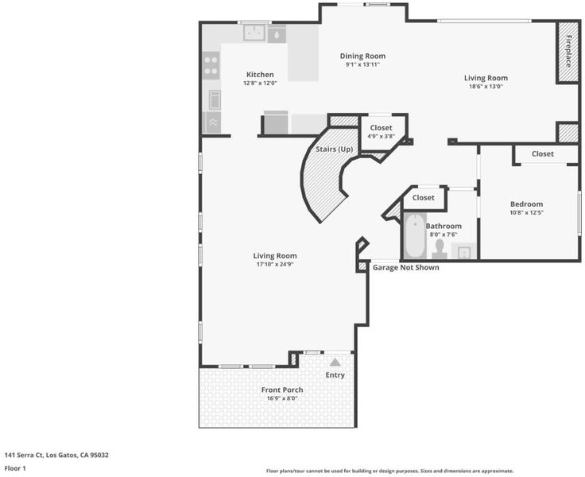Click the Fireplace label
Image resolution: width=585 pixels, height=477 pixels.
point(568,51)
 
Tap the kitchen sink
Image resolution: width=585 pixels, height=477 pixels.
point(254,33)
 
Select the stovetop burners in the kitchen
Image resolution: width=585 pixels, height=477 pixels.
point(211,66)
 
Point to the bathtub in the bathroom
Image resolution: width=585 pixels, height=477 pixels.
point(415,236)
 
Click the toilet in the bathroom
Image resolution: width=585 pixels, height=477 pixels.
point(440,250)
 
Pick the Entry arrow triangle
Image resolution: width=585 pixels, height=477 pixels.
point(335,362)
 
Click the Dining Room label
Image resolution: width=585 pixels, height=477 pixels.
point(362,56)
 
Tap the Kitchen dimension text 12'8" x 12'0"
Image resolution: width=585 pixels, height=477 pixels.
point(260,83)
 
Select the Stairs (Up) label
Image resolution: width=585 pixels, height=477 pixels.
point(334,149)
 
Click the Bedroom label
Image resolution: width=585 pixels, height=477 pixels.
point(526,204)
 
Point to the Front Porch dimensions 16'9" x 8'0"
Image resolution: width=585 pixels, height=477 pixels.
point(282,398)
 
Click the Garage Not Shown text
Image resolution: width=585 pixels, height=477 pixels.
point(406,268)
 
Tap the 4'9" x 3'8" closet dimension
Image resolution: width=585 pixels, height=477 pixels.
point(381,136)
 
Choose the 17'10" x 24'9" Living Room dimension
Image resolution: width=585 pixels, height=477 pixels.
point(275,264)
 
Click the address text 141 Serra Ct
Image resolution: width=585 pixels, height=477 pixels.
point(24,455)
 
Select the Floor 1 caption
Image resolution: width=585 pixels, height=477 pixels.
point(15,468)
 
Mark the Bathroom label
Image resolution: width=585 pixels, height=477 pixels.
point(444,227)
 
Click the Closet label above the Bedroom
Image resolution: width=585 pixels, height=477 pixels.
point(543,153)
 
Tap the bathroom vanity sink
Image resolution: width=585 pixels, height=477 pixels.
point(463,251)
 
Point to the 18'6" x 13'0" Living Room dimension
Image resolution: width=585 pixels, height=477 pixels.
point(486,86)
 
